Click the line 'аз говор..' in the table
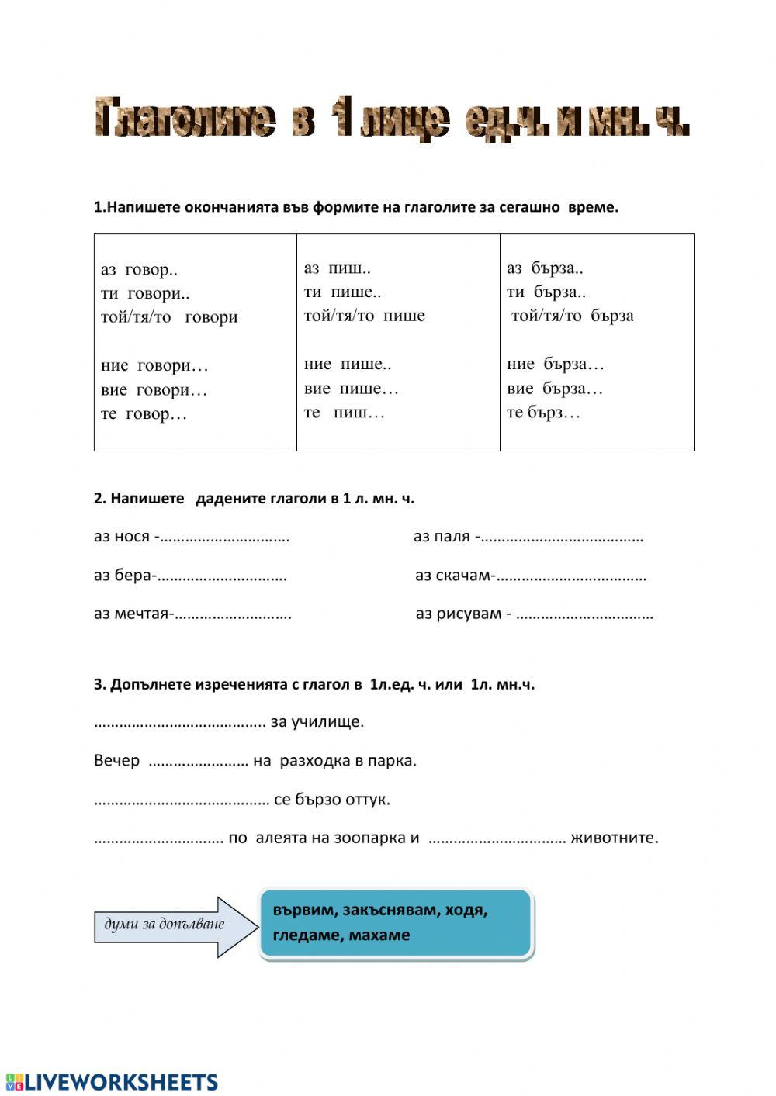click(139, 270)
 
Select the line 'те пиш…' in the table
click(344, 413)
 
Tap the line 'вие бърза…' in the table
click(554, 389)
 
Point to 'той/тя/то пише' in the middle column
click(364, 316)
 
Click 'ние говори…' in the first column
click(154, 365)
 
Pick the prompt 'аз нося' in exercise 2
click(122, 537)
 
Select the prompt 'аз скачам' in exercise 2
click(452, 576)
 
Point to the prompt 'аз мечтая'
click(131, 614)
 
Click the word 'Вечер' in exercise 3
click(116, 761)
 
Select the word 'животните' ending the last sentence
click(614, 838)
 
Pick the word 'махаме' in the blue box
click(379, 935)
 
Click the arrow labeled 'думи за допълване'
click(175, 925)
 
